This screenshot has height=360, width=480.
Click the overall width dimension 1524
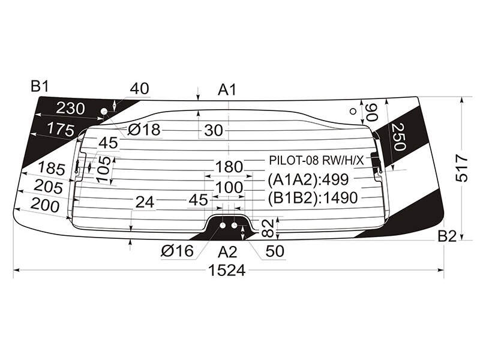pyautogui.click(x=227, y=271)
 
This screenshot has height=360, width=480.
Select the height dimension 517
pyautogui.click(x=462, y=169)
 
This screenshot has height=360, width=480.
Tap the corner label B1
pyautogui.click(x=40, y=86)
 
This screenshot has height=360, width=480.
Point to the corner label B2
pyautogui.click(x=447, y=236)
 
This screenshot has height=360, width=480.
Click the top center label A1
pyautogui.click(x=227, y=90)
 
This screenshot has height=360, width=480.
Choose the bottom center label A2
pyautogui.click(x=227, y=252)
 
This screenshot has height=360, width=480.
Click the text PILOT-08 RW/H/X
pyautogui.click(x=316, y=160)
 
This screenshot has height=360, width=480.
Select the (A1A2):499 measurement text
pyautogui.click(x=308, y=179)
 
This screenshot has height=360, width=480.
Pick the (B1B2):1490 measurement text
pyautogui.click(x=313, y=198)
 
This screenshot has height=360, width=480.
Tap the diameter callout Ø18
pyautogui.click(x=144, y=130)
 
